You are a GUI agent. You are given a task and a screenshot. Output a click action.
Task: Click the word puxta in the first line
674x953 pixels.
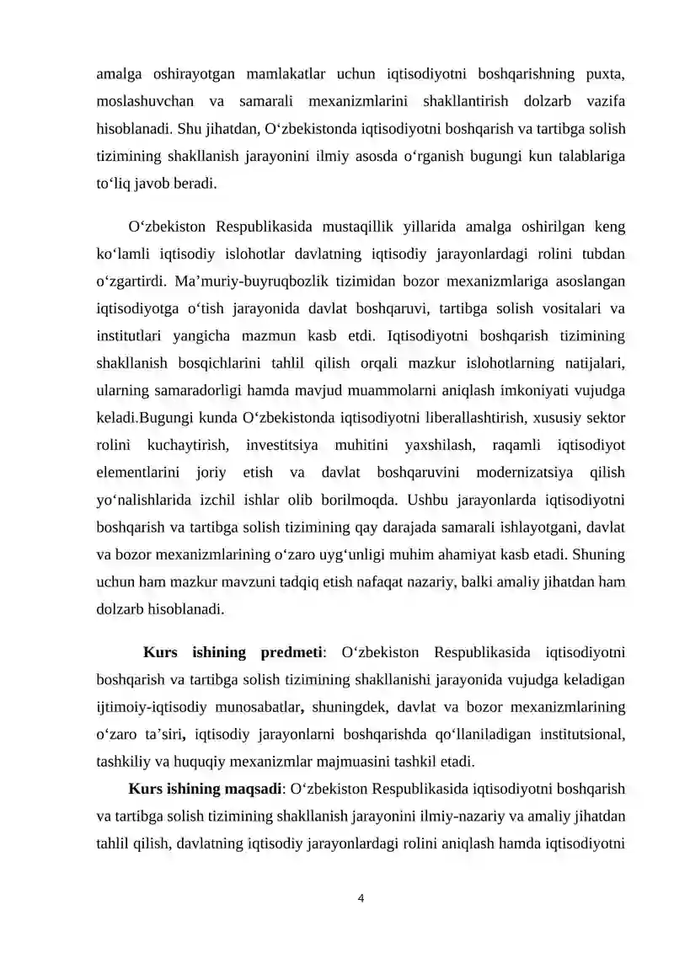604,73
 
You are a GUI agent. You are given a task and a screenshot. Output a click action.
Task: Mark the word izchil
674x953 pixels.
222,500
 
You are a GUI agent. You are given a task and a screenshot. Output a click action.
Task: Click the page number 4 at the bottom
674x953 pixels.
361,898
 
